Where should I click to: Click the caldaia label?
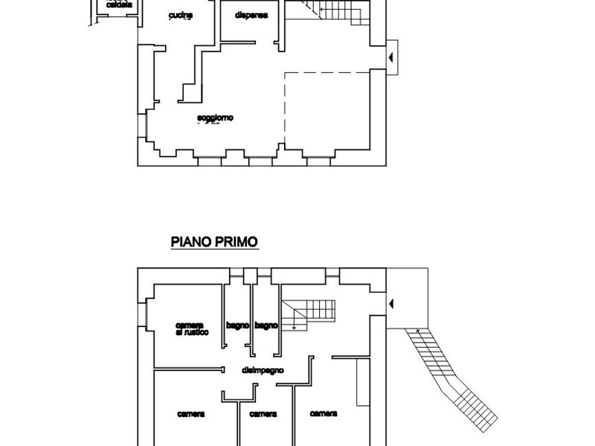pos(120,4)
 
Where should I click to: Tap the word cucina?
pos(181,15)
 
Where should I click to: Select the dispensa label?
pos(251,15)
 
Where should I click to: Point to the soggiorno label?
pos(216,118)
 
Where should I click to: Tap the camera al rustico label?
pos(191,329)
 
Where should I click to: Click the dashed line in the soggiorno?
pos(327,72)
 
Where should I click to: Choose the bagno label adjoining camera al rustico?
pos(238,325)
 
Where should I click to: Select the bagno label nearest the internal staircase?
pos(266,325)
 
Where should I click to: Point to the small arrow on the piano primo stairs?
pos(295,325)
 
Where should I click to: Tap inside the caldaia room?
pos(119,15)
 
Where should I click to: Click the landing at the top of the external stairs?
pos(406,297)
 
